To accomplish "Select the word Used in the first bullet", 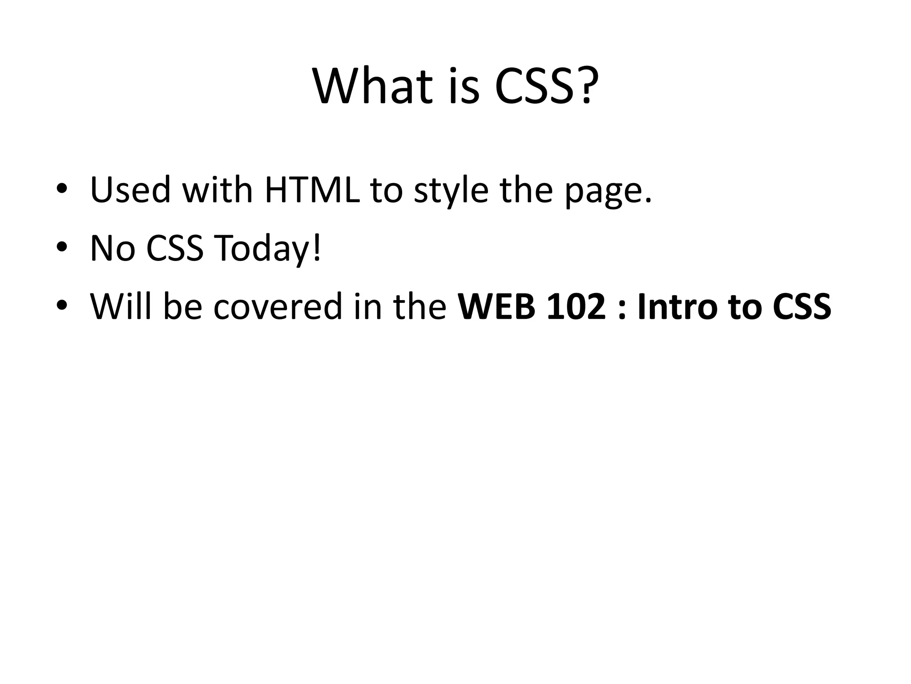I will (x=130, y=190).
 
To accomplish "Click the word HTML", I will (x=312, y=190).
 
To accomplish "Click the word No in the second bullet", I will (x=112, y=248).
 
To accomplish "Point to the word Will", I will (x=120, y=306).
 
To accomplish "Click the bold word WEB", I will (x=496, y=307).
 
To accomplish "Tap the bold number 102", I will (x=576, y=307).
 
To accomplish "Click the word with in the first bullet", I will (x=218, y=190).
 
